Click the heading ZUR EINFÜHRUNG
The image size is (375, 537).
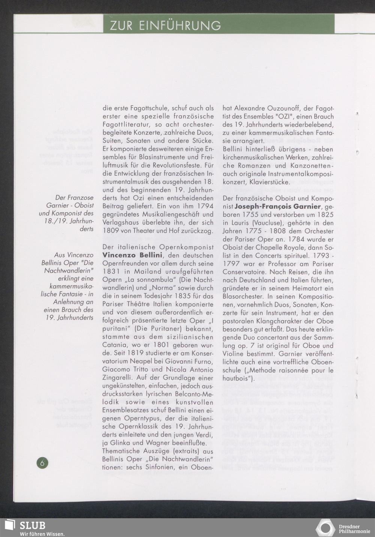pyautogui.click(x=165, y=25)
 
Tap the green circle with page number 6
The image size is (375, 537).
pyautogui.click(x=42, y=463)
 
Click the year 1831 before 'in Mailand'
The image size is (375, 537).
pyautogui.click(x=111, y=272)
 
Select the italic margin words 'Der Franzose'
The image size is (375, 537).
pyautogui.click(x=74, y=197)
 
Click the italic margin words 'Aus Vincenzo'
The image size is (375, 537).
pyautogui.click(x=74, y=255)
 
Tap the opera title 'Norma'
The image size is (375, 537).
pyautogui.click(x=183, y=288)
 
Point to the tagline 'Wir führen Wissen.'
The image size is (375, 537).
pyautogui.click(x=42, y=534)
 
